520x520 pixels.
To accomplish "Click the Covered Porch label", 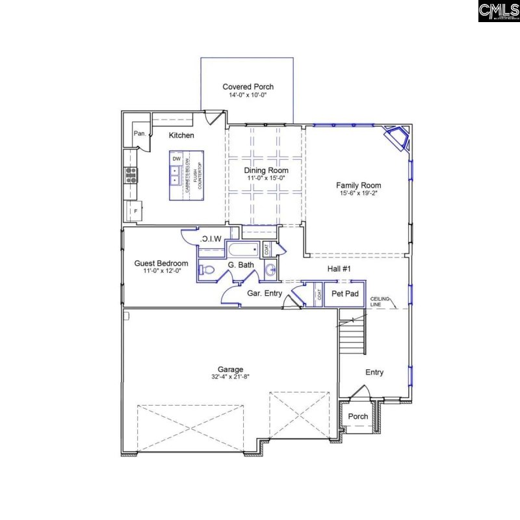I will (x=248, y=86).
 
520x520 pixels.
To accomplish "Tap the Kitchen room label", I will (x=181, y=135).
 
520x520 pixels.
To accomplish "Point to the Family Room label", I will (x=358, y=185).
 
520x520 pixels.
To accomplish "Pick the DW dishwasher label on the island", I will (x=176, y=159).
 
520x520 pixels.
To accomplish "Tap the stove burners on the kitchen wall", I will (x=131, y=174).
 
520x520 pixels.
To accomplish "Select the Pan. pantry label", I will (x=139, y=133).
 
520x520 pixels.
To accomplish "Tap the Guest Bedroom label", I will (x=161, y=263).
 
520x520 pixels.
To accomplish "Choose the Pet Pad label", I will (x=345, y=294).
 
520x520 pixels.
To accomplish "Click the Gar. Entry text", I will (x=265, y=294).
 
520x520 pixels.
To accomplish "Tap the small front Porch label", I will (x=357, y=416).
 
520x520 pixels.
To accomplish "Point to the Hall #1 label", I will (x=338, y=268).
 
